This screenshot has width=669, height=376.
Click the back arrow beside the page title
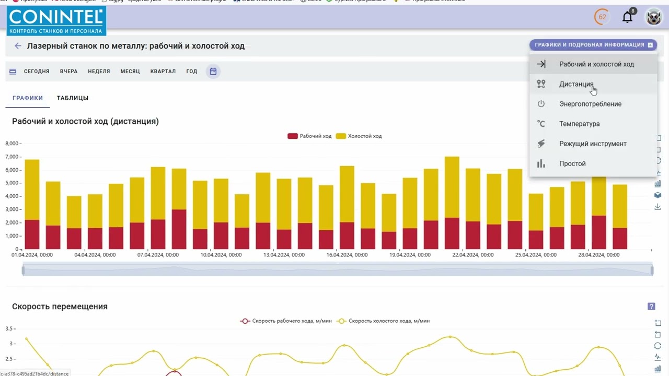pyautogui.click(x=18, y=46)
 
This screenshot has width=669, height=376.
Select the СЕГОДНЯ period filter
pyautogui.click(x=37, y=72)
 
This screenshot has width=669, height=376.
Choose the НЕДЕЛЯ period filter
pyautogui.click(x=99, y=72)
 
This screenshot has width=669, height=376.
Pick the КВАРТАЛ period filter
pyautogui.click(x=163, y=72)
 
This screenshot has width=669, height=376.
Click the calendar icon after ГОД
pyautogui.click(x=213, y=72)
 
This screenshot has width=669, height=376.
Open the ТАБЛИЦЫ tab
pyautogui.click(x=73, y=98)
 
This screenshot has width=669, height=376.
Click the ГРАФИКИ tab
pyautogui.click(x=28, y=98)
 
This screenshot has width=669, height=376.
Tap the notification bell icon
pyautogui.click(x=627, y=17)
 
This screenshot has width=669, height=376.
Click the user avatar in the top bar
pyautogui.click(x=653, y=17)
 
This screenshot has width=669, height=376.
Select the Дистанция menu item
pyautogui.click(x=576, y=84)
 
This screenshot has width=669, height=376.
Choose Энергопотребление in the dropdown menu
pyautogui.click(x=590, y=104)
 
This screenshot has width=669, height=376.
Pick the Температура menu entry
pyautogui.click(x=579, y=124)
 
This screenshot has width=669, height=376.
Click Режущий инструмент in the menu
pyautogui.click(x=593, y=144)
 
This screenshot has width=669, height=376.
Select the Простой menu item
pyautogui.click(x=572, y=163)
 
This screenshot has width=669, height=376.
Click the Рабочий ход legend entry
pyautogui.click(x=310, y=136)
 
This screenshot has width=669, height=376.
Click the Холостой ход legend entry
pyautogui.click(x=359, y=136)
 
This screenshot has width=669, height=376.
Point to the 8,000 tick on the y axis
pyautogui.click(x=11, y=144)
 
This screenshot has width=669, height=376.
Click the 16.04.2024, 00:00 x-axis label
pyautogui.click(x=348, y=255)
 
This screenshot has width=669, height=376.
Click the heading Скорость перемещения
pyautogui.click(x=60, y=307)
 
